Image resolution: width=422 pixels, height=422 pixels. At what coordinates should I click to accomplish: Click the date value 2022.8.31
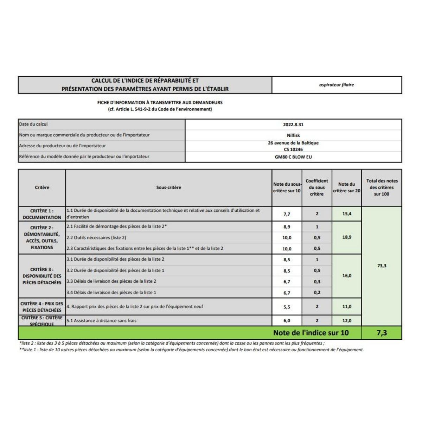(293, 124)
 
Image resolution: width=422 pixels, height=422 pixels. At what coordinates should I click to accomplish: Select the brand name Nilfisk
(293, 135)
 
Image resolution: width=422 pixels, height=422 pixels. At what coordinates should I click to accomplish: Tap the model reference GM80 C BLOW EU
(293, 157)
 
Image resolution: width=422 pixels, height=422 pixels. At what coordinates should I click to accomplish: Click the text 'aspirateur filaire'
(337, 85)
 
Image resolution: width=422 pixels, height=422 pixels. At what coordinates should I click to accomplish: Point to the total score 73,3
(382, 266)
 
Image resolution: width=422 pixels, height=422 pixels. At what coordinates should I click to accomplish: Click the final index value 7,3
(382, 333)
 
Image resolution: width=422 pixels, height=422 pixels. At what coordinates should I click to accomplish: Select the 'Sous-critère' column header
(168, 187)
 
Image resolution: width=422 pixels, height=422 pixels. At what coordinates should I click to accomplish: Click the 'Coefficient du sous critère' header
(316, 187)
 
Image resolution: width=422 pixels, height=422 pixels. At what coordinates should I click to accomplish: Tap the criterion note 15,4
(347, 214)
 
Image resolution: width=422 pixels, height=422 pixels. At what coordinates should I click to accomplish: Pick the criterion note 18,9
(347, 237)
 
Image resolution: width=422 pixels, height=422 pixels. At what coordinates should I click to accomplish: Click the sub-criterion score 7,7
(287, 214)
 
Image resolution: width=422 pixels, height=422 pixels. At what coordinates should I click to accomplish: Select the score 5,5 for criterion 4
(287, 307)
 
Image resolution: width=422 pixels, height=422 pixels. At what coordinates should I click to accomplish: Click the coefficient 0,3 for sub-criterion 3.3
(317, 282)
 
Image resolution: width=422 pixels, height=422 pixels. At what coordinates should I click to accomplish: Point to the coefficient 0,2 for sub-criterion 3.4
(317, 293)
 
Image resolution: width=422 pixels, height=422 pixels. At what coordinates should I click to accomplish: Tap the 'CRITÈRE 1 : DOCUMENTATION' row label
(42, 214)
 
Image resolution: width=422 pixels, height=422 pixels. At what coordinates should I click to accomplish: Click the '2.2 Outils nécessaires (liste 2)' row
(96, 238)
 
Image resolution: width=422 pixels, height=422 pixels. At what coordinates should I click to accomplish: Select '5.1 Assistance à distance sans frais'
(101, 321)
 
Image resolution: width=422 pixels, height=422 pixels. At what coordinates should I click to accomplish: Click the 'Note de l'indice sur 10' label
(311, 333)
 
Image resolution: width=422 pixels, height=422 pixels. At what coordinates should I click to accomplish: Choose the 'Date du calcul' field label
(33, 124)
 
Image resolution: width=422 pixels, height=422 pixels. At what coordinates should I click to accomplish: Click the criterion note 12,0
(347, 321)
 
